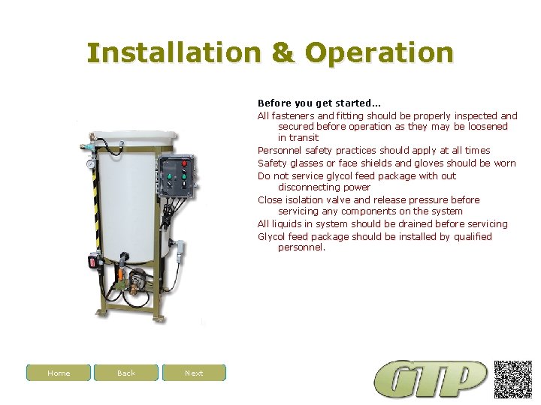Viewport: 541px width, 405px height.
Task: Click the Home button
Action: click(59, 373)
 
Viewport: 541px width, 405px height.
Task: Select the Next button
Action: click(194, 373)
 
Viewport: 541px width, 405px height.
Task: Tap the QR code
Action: click(513, 379)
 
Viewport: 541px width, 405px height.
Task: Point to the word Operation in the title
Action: click(379, 53)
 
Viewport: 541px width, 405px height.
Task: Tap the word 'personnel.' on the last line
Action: click(302, 247)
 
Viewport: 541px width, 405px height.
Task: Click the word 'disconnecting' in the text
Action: click(308, 187)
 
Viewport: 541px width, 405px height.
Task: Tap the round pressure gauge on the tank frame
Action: click(91, 163)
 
